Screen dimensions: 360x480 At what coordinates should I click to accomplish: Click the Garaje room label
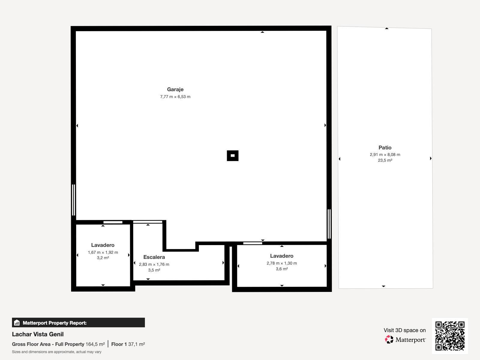click(x=175, y=89)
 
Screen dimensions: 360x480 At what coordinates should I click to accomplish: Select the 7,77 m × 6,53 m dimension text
click(x=175, y=97)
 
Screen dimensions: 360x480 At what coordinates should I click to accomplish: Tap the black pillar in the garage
click(x=232, y=156)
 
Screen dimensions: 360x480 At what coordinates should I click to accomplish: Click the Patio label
click(x=385, y=148)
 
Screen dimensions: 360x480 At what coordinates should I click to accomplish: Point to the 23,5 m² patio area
click(x=385, y=160)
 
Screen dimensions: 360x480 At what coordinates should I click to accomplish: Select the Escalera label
click(x=154, y=257)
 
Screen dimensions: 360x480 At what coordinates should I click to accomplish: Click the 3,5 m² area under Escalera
click(x=154, y=270)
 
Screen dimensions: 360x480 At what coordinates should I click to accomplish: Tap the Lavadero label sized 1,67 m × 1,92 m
click(x=103, y=245)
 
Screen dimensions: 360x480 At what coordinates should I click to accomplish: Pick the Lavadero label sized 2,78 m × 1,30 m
click(x=281, y=256)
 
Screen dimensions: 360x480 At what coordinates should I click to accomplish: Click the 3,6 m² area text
click(x=282, y=269)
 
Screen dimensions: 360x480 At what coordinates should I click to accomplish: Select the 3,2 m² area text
click(x=103, y=258)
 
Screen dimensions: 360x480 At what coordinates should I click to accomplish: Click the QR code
click(x=450, y=336)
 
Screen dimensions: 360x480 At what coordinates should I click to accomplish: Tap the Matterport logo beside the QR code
click(x=405, y=340)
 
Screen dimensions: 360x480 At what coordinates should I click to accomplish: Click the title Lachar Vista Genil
click(x=38, y=334)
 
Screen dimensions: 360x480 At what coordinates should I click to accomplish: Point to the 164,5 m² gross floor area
click(x=95, y=344)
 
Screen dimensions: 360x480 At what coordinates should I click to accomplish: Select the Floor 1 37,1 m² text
click(x=128, y=344)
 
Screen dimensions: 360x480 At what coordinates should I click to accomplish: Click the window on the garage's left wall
click(x=73, y=200)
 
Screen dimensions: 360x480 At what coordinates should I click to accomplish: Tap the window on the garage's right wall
click(x=329, y=224)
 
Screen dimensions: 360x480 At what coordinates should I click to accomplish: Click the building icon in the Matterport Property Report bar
click(x=17, y=323)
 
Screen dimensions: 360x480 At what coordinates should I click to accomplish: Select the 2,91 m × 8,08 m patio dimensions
click(x=385, y=155)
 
